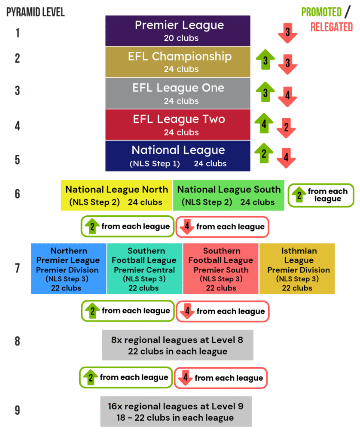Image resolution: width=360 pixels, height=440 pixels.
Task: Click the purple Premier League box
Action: coord(178,31)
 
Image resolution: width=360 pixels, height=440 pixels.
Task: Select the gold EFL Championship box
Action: coord(178,62)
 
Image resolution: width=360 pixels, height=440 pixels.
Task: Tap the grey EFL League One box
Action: coord(178,93)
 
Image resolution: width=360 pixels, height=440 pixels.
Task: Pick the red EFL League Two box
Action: coord(178,125)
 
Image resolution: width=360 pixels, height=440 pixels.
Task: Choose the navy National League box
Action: coord(178,156)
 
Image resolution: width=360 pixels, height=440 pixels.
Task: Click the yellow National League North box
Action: coord(116,196)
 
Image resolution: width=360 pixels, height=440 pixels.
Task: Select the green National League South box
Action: coord(229,196)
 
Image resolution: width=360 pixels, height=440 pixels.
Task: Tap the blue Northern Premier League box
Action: coord(68,269)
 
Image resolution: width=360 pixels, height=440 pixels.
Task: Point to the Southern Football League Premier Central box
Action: coord(145,269)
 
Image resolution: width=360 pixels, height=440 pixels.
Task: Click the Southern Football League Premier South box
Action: coord(221,269)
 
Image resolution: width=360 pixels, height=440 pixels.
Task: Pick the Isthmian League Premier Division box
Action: coord(297,269)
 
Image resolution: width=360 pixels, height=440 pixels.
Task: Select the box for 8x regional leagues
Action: coord(177,345)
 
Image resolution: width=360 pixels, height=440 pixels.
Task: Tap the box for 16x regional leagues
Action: coord(176,411)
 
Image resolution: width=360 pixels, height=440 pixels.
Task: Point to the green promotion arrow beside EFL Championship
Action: coord(265,61)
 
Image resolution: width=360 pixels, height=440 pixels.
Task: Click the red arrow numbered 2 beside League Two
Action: coord(286,127)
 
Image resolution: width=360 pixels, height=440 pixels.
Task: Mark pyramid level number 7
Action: coord(17,269)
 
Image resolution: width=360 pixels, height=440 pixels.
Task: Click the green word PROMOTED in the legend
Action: coord(321,12)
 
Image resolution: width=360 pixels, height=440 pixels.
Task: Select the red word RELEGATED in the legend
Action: coord(331,27)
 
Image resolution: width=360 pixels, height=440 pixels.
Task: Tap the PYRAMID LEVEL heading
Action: coord(35,12)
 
